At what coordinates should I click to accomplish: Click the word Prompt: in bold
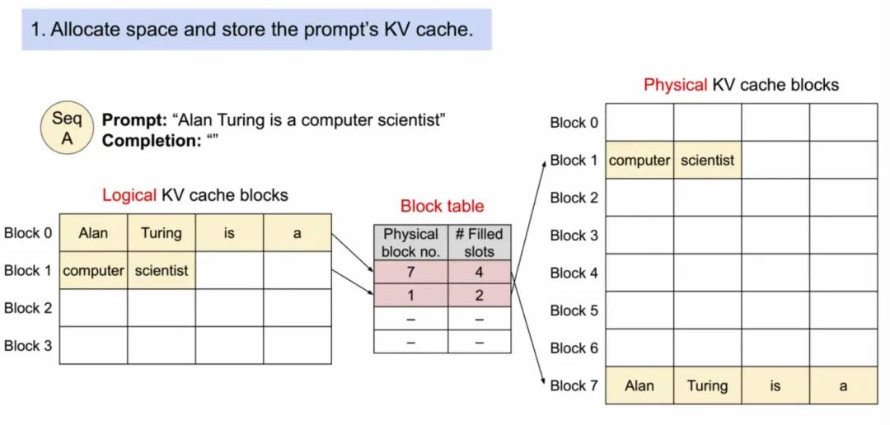[x=134, y=120]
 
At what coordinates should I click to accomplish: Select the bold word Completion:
[x=148, y=141]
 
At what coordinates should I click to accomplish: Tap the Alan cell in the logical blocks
[x=94, y=232]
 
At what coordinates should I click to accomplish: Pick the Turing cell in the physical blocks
[x=707, y=385]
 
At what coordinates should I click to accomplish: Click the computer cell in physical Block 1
[x=639, y=160]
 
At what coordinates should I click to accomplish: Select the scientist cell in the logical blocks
[x=162, y=271]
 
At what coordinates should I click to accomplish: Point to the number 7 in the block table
[x=411, y=273]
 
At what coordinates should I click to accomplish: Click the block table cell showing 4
[x=479, y=273]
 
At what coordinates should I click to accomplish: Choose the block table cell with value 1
[x=411, y=296]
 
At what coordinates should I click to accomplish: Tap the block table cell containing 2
[x=479, y=296]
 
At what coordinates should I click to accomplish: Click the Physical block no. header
[x=411, y=243]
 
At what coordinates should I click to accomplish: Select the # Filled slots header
[x=479, y=243]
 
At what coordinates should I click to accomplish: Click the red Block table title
[x=443, y=206]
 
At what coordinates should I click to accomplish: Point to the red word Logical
[x=129, y=196]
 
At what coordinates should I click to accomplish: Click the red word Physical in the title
[x=676, y=85]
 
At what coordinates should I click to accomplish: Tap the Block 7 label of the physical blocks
[x=574, y=385]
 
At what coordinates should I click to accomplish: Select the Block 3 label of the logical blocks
[x=28, y=346]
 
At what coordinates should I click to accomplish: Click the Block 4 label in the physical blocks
[x=574, y=273]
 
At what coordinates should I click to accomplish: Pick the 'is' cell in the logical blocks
[x=229, y=232]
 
